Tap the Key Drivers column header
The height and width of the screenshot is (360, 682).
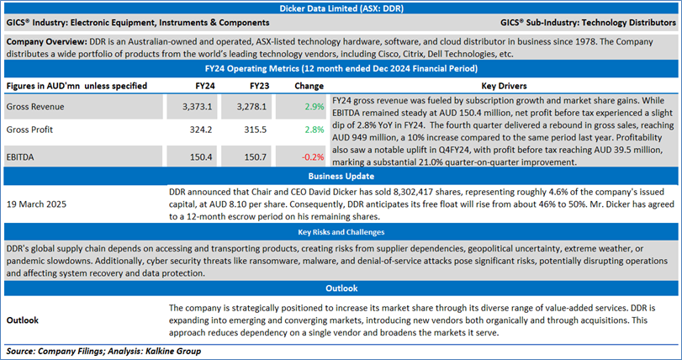point(504,86)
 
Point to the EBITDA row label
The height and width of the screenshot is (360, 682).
point(24,156)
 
